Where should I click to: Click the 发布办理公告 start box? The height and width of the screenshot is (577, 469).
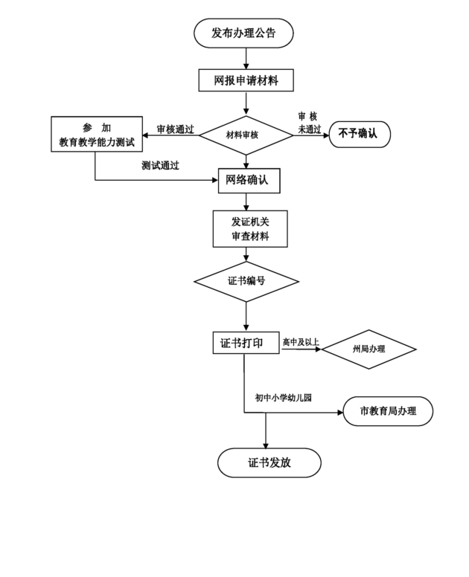point(243,33)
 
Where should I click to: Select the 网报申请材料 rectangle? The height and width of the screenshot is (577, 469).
point(246,80)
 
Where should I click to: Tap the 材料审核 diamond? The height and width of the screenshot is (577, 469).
point(246,135)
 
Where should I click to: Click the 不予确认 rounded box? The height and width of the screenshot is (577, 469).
point(360,135)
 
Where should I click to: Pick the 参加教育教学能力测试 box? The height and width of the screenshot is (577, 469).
point(97,135)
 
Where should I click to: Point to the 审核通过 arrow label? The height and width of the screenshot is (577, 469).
point(176,129)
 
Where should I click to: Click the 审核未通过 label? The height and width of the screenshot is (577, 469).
point(309,123)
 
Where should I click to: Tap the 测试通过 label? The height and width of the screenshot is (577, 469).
point(160,166)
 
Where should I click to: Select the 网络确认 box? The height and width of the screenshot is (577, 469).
point(249,181)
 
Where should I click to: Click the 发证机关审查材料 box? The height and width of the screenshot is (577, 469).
point(250,229)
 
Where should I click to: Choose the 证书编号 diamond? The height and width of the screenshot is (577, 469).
point(246,282)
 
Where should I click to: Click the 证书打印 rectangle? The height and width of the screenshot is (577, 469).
point(246,343)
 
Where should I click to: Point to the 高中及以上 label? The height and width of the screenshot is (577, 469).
point(301,342)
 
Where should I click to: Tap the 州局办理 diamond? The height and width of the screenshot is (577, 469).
point(368,349)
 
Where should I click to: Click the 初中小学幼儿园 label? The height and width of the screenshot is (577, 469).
point(284,398)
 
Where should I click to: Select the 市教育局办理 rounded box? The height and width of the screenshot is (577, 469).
point(388,411)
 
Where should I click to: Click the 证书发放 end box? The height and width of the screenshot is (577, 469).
point(269,462)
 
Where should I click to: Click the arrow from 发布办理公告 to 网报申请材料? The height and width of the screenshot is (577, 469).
point(246,59)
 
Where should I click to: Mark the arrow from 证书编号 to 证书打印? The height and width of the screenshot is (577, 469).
point(246,317)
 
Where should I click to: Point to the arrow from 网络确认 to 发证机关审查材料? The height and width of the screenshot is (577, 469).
point(246,202)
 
